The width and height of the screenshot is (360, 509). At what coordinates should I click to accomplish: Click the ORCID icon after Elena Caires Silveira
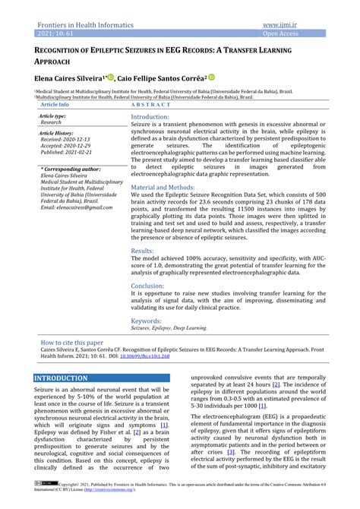pyautogui.click(x=111, y=77)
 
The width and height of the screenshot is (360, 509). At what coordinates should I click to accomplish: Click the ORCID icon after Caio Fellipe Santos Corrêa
pyautogui.click(x=212, y=77)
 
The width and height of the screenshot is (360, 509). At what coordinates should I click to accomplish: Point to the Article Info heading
pyautogui.click(x=55, y=104)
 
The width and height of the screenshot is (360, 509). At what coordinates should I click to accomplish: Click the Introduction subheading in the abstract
pyautogui.click(x=150, y=118)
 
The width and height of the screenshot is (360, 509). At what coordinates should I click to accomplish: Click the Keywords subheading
pyautogui.click(x=146, y=321)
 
